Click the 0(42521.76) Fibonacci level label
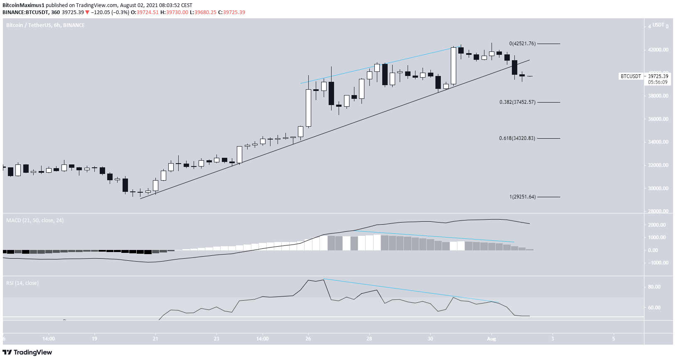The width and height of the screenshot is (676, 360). pyautogui.click(x=522, y=44)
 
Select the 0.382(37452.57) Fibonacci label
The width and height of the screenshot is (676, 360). pyautogui.click(x=517, y=102)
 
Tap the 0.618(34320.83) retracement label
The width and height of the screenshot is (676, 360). pyautogui.click(x=517, y=138)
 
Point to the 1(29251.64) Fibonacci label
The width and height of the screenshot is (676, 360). pyautogui.click(x=522, y=197)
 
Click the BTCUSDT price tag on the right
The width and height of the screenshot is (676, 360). pyautogui.click(x=630, y=76)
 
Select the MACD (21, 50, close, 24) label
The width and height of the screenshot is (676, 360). pyautogui.click(x=35, y=220)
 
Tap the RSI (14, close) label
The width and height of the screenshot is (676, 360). pyautogui.click(x=22, y=283)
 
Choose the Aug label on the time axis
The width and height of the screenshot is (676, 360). pyautogui.click(x=492, y=339)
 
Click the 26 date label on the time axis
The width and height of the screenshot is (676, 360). pyautogui.click(x=308, y=339)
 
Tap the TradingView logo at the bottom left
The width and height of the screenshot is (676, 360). pyautogui.click(x=27, y=353)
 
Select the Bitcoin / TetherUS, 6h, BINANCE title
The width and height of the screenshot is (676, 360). pyautogui.click(x=45, y=25)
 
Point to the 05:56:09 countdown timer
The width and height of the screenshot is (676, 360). pyautogui.click(x=658, y=82)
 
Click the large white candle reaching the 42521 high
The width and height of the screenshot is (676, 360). pyautogui.click(x=453, y=66)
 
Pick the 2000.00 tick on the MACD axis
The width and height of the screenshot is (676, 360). pyautogui.click(x=657, y=225)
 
